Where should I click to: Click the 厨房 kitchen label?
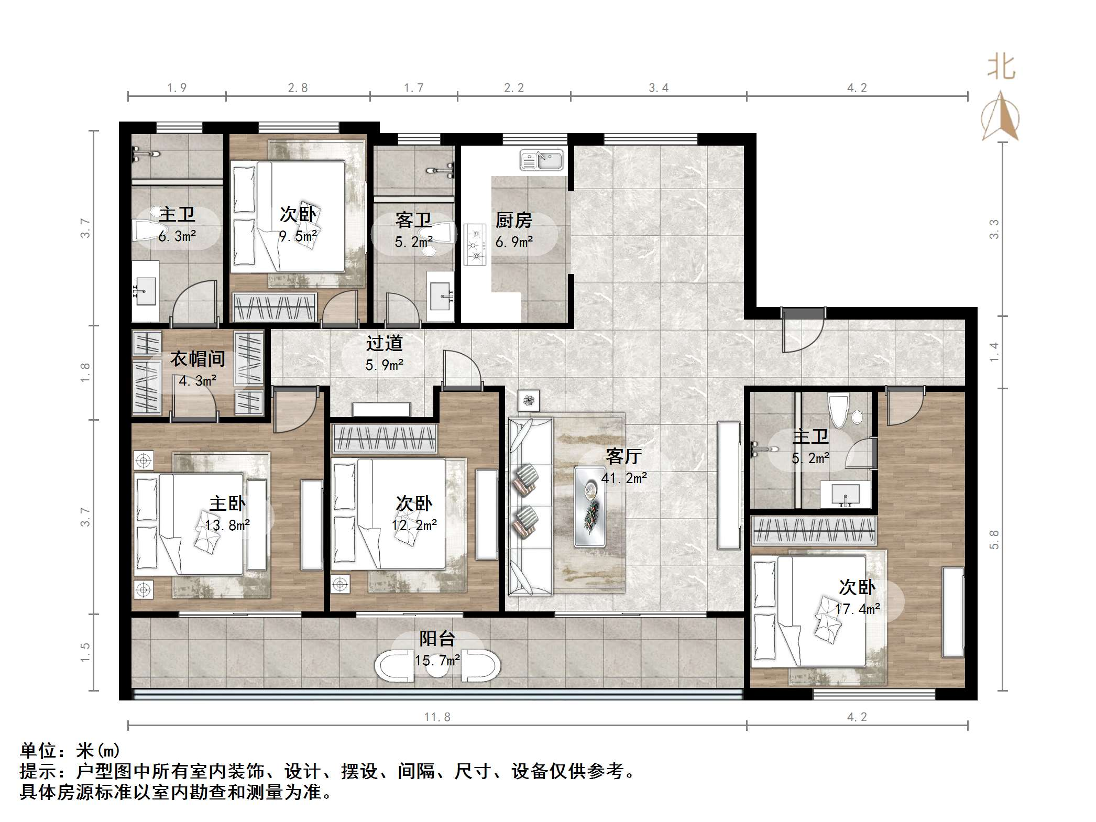point(513,221)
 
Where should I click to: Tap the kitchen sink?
point(541,160)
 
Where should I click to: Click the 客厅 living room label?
point(623,456)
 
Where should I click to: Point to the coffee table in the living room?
point(590,507)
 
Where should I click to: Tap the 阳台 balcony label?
point(437,639)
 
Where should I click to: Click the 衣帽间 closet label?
point(198,359)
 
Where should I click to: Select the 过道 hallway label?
point(385,343)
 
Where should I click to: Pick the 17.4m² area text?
point(857,609)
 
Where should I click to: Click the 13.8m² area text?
point(227,525)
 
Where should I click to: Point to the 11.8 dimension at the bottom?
point(437,717)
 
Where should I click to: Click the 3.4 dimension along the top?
point(659,88)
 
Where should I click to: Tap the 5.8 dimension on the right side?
point(994,539)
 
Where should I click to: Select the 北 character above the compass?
point(1001,67)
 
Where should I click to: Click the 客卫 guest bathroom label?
point(413,221)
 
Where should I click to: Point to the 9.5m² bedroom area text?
point(298,236)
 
